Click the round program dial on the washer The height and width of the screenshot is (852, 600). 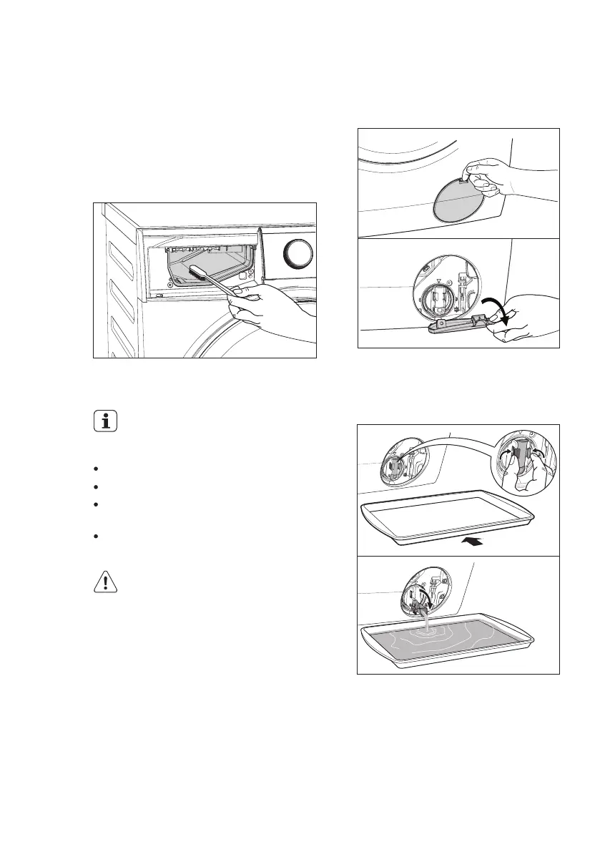point(300,253)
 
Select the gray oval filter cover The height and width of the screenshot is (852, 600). point(456,199)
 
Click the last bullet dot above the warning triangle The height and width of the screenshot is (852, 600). point(95,536)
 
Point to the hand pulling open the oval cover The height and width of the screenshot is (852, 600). point(493,177)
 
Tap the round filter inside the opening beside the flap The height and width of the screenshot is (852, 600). point(430,299)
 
